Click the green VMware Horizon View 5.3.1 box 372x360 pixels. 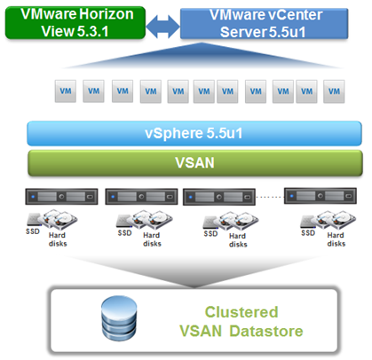tap(75, 23)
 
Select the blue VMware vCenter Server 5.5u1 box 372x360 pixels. tap(264, 23)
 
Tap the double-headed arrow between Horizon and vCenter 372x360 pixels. tap(162, 27)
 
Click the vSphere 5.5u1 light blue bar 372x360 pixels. tap(194, 133)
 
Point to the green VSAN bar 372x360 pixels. tap(195, 163)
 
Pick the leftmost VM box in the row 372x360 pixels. tap(66, 91)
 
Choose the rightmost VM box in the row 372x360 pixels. tap(334, 91)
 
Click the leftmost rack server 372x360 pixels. tap(61, 197)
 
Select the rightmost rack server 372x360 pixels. tap(321, 196)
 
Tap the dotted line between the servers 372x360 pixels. tap(270, 197)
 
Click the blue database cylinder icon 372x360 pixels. tap(119, 318)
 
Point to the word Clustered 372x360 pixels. tap(241, 312)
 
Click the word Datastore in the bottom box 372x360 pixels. tap(266, 331)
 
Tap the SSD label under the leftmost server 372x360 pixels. tap(33, 231)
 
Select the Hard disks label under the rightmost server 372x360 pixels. tap(336, 239)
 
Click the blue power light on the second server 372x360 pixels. tap(113, 197)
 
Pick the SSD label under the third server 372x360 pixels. tap(210, 234)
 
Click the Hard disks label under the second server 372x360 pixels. tap(152, 239)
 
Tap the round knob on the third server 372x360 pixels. tap(219, 197)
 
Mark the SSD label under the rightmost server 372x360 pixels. tap(308, 233)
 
